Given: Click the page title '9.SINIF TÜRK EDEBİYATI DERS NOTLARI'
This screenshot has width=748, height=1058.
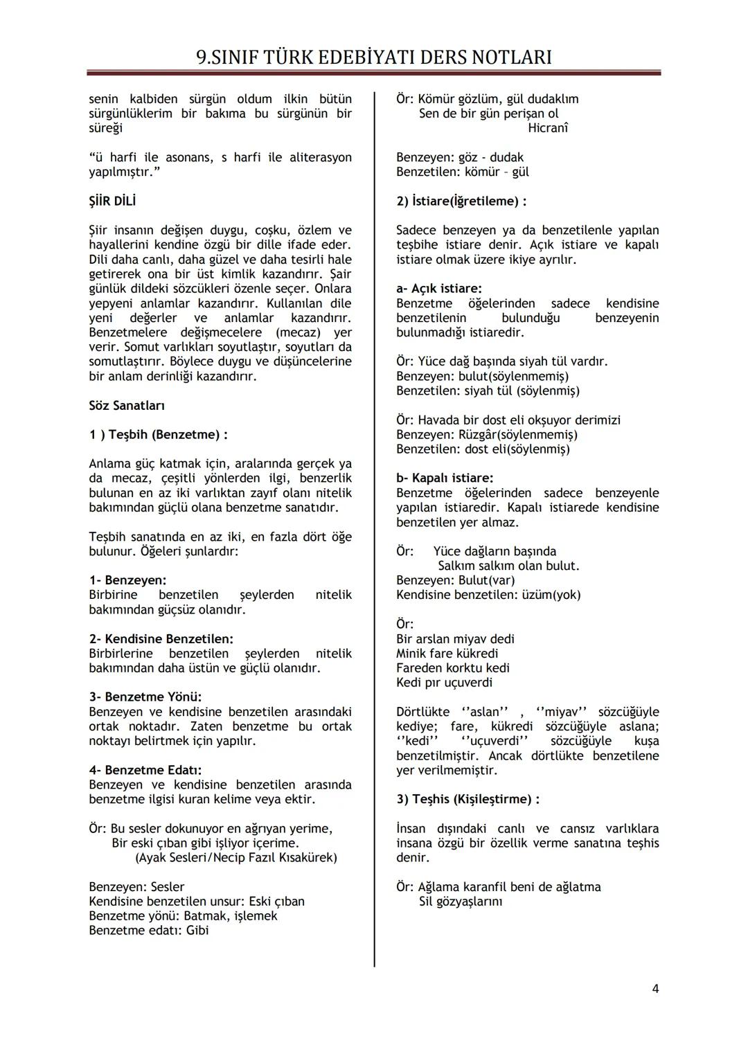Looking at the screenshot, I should [x=374, y=57].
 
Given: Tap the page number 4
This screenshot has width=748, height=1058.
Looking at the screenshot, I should [x=654, y=989].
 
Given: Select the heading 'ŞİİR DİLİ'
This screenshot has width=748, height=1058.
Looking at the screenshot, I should [x=112, y=201].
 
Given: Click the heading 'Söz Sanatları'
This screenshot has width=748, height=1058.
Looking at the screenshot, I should [x=127, y=406].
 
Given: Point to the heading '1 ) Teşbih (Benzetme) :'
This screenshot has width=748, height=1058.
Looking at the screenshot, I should [x=158, y=435].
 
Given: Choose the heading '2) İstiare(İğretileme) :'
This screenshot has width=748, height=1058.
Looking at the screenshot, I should [x=461, y=201].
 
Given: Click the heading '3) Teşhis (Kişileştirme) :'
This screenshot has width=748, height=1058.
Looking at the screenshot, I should [x=467, y=799].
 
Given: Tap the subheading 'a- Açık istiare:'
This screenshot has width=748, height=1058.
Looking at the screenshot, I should [x=438, y=289].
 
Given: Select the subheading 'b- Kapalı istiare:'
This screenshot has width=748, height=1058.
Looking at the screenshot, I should [x=445, y=478].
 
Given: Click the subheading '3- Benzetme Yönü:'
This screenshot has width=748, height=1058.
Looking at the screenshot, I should [x=145, y=697].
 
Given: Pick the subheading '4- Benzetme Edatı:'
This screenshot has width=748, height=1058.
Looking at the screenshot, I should [x=145, y=770].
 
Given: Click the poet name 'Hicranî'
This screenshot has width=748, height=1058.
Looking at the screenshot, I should [x=547, y=128].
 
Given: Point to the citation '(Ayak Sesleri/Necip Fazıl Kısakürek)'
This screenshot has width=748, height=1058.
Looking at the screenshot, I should [x=235, y=858].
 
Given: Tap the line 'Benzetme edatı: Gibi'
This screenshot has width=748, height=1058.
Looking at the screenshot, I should [x=148, y=931].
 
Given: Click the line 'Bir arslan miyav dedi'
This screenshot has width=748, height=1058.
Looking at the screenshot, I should [x=455, y=639].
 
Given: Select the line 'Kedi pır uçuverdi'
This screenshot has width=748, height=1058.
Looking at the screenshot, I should [x=444, y=683].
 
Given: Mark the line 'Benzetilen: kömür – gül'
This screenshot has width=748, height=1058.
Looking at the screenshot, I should [x=462, y=172].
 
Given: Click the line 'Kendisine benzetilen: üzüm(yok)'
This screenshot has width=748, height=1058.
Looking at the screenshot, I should [x=488, y=595].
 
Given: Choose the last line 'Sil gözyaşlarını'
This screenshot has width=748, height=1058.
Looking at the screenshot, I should [x=461, y=902].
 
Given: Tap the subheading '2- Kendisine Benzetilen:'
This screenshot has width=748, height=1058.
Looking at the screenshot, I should [x=161, y=639].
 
